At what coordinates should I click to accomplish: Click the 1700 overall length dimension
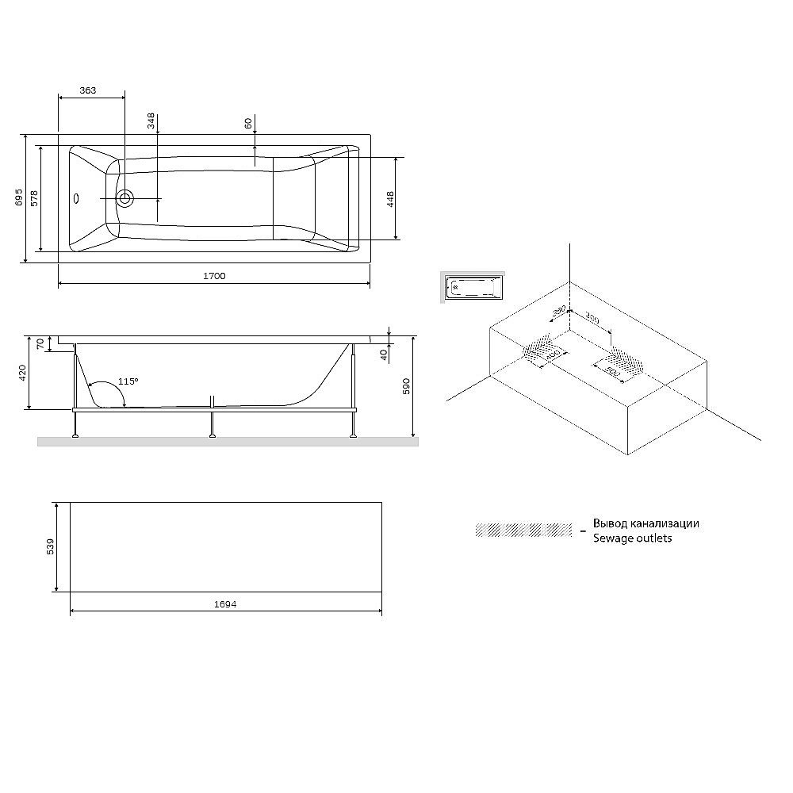tap(214, 276)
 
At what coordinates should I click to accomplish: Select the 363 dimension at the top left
tap(88, 90)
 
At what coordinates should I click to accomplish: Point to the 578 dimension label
tap(33, 199)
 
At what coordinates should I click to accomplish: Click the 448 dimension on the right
tap(390, 198)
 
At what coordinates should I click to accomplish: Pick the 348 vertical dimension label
tap(151, 121)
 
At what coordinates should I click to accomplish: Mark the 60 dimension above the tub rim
tap(248, 124)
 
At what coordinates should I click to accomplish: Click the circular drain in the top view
tap(125, 198)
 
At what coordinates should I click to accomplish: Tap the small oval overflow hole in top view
tap(77, 198)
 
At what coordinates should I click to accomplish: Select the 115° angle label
tap(128, 381)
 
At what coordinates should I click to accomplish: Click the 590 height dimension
tap(406, 386)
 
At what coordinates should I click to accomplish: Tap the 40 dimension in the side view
tap(384, 354)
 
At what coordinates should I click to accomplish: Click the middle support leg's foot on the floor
tap(212, 435)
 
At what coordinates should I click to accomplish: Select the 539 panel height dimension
tap(50, 546)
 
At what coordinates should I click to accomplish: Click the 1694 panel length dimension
tap(225, 604)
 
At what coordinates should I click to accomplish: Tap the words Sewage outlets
tap(632, 538)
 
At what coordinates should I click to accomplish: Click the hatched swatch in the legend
tap(523, 530)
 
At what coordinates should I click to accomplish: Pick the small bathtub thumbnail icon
tap(473, 286)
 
